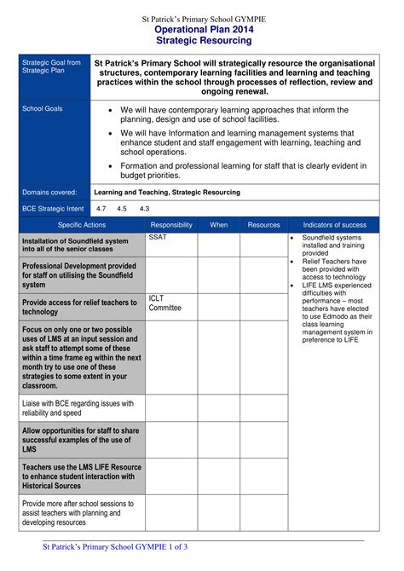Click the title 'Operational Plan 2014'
pyautogui.click(x=203, y=29)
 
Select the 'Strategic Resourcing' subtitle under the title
pyautogui.click(x=203, y=40)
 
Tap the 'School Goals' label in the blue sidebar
pyautogui.click(x=43, y=109)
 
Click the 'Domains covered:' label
pyautogui.click(x=49, y=193)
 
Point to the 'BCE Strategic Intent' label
pyautogui.click(x=53, y=208)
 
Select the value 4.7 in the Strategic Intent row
pyautogui.click(x=101, y=208)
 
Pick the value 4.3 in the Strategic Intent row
pyautogui.click(x=144, y=208)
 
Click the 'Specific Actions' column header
pyautogui.click(x=83, y=225)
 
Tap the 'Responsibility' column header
pyautogui.click(x=171, y=225)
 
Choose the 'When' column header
pyautogui.click(x=218, y=225)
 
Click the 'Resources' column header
pyautogui.click(x=263, y=225)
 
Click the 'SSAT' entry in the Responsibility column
pyautogui.click(x=158, y=238)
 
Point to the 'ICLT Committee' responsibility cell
pyautogui.click(x=164, y=303)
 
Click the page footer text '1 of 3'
pyautogui.click(x=175, y=546)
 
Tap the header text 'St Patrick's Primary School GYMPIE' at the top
pyautogui.click(x=203, y=18)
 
